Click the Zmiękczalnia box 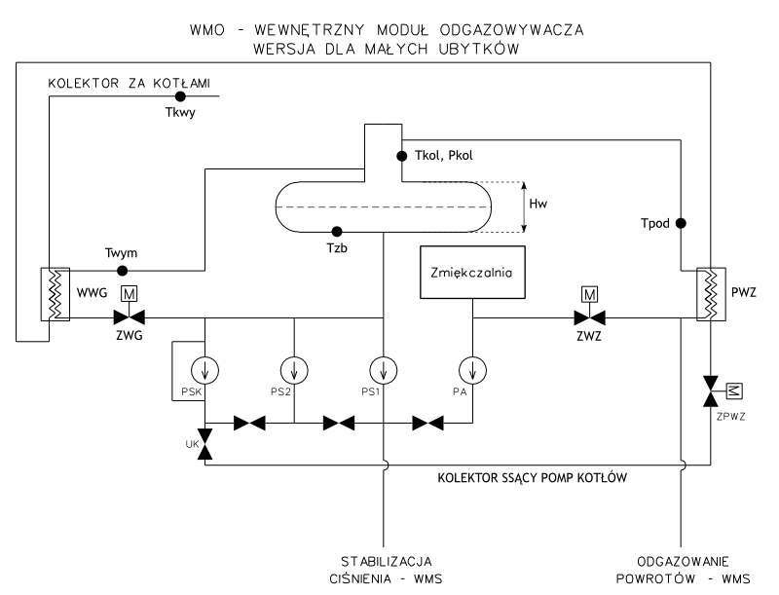coord(471,273)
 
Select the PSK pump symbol coord(205,370)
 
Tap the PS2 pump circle coord(293,370)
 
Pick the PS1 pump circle coord(384,370)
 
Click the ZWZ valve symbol coord(588,316)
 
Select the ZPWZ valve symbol coord(712,394)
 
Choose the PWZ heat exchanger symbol coord(712,291)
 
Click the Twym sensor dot coord(122,270)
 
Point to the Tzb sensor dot coord(337,232)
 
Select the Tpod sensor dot coord(682,223)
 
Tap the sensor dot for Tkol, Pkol coord(400,155)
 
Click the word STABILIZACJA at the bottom coord(383,562)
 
